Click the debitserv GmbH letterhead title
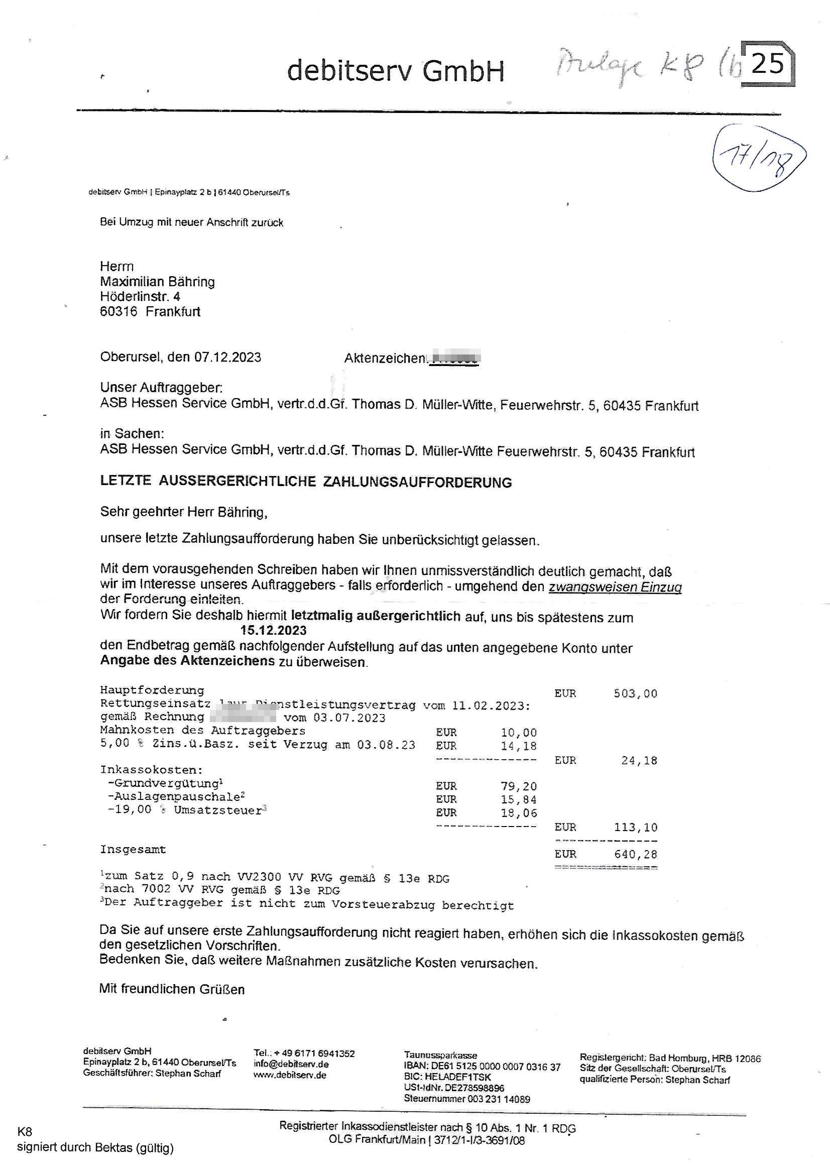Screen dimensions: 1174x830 (x=395, y=71)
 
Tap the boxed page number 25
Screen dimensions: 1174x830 (x=768, y=64)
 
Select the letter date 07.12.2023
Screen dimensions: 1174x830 (x=227, y=357)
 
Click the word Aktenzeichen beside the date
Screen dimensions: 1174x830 (x=385, y=358)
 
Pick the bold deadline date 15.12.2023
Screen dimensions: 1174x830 (x=274, y=630)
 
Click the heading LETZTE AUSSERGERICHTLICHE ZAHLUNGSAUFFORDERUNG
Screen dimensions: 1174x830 (x=306, y=482)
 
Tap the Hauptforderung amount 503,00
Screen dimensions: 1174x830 (x=635, y=693)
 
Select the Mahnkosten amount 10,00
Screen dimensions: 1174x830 (x=519, y=732)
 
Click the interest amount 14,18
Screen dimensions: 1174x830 (x=519, y=746)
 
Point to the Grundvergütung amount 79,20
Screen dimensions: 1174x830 (x=519, y=786)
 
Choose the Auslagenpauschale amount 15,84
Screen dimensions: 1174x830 (x=519, y=799)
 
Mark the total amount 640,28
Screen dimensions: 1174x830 (x=635, y=854)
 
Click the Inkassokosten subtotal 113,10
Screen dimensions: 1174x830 (x=635, y=827)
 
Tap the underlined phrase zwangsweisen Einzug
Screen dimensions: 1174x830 (x=615, y=587)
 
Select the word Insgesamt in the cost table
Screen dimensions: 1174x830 (x=133, y=849)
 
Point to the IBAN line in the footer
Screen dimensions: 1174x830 (x=482, y=1067)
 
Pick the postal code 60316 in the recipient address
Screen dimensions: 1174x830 (x=118, y=311)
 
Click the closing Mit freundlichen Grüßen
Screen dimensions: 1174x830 (x=172, y=989)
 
